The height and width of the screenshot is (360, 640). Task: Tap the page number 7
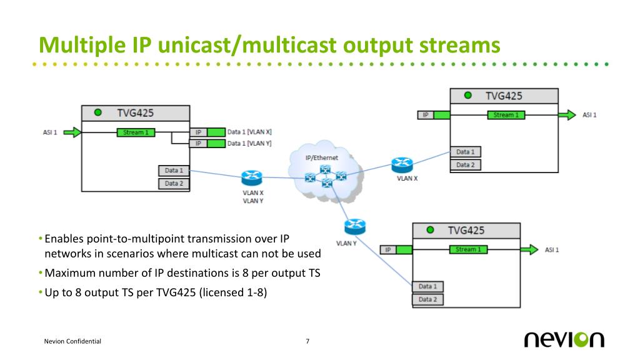tap(307, 341)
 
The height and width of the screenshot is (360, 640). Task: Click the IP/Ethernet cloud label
tap(321, 157)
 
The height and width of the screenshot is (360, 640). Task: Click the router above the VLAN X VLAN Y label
tap(252, 178)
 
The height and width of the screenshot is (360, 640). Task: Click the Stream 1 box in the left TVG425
tap(134, 132)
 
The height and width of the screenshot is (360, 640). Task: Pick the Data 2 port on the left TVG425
tap(174, 184)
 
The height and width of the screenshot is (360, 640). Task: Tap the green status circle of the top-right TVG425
tap(467, 96)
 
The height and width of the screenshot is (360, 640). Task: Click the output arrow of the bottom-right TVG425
tap(529, 250)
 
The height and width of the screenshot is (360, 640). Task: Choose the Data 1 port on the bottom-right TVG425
tap(427, 286)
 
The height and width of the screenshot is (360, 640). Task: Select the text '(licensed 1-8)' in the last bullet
tap(233, 292)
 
